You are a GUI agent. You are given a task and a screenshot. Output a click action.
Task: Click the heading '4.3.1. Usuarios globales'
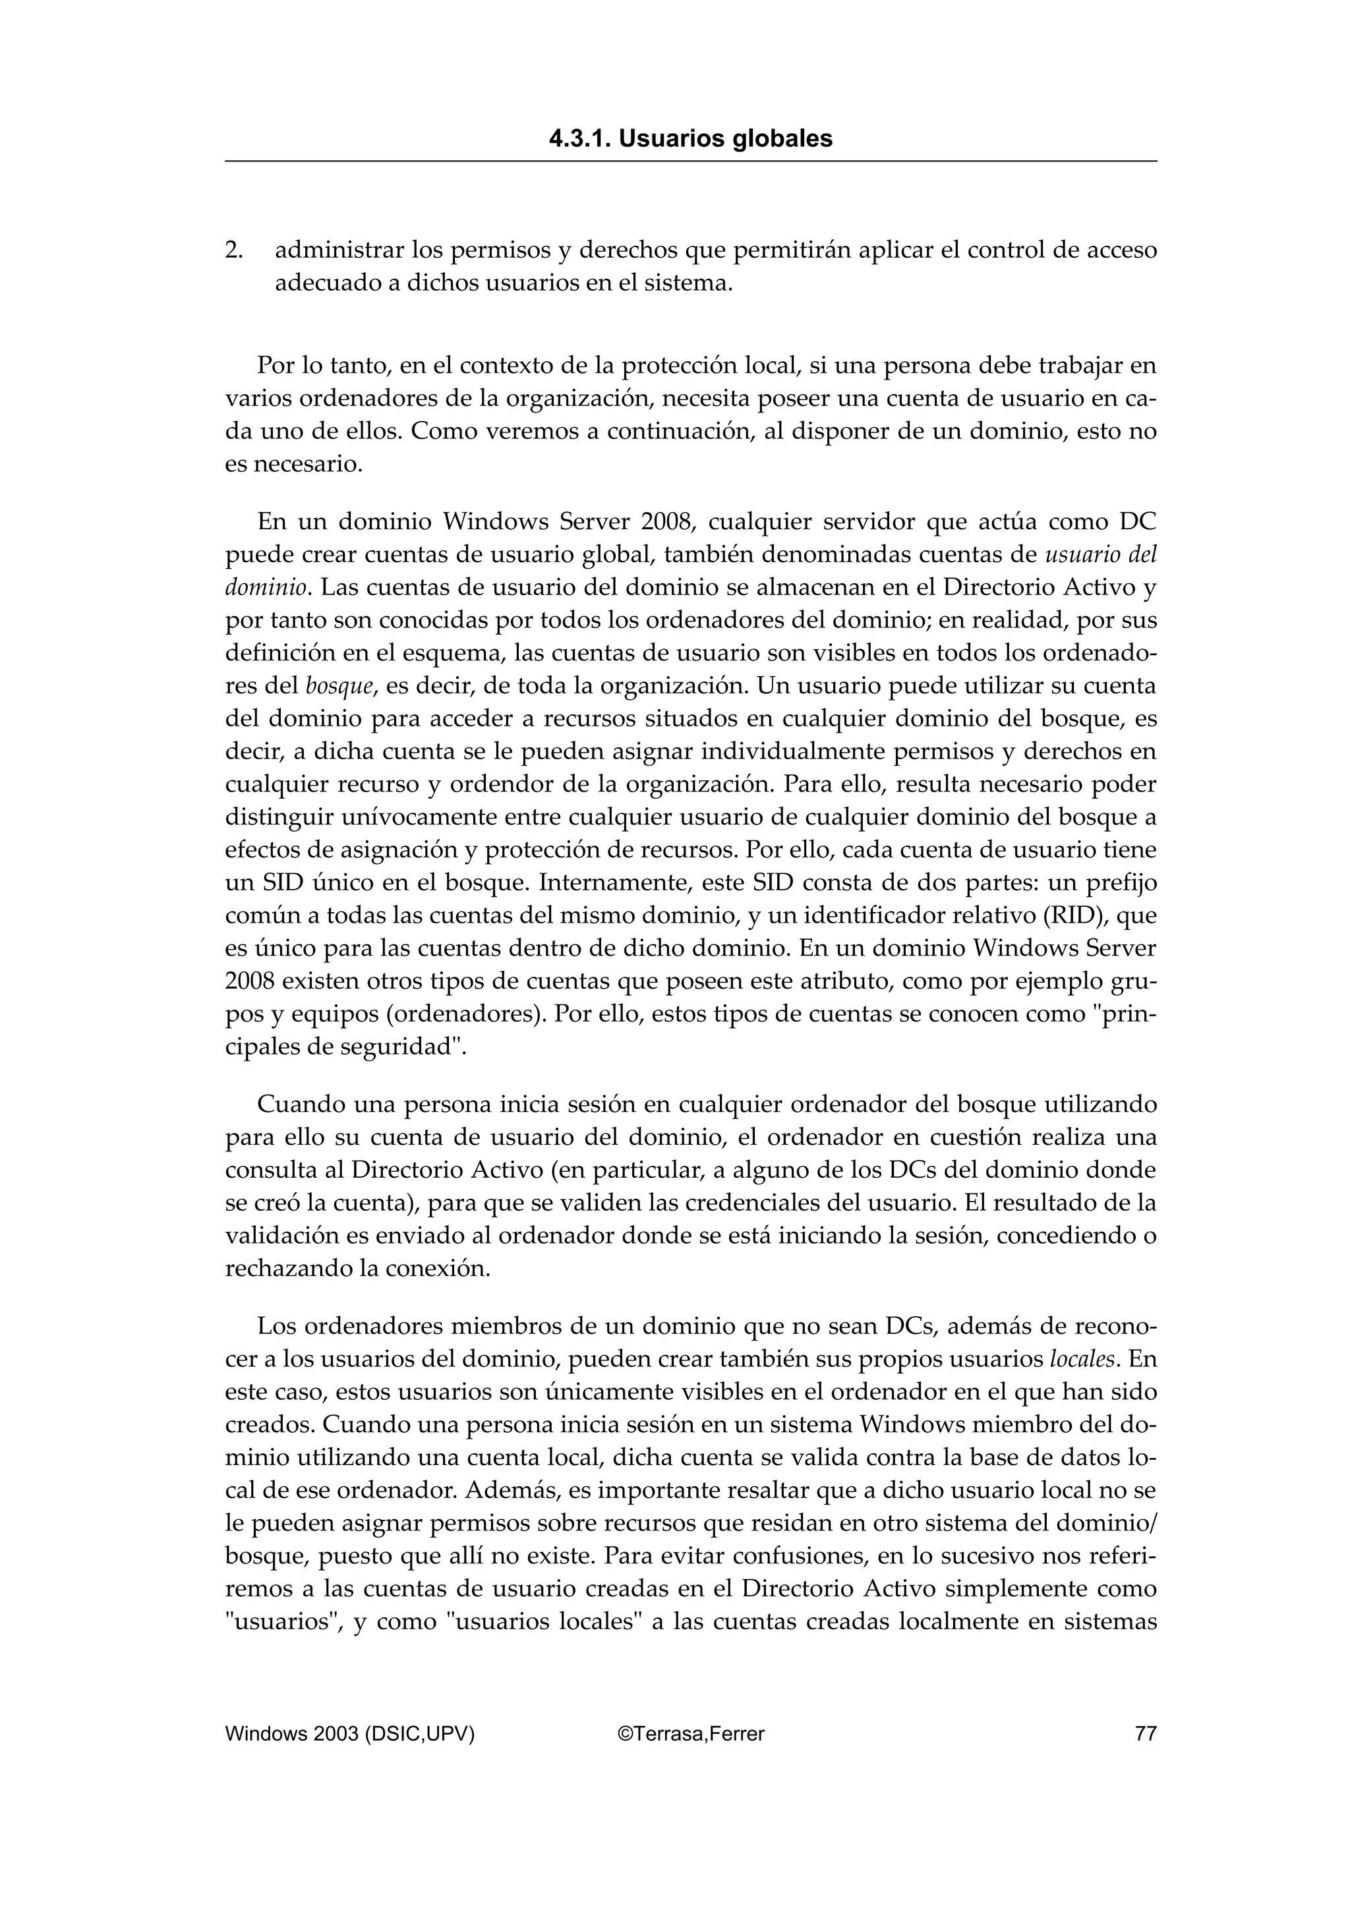pos(690,139)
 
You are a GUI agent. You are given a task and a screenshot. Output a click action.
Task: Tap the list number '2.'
pos(234,250)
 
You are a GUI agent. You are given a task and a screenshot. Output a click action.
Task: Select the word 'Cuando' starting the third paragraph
pos(301,1105)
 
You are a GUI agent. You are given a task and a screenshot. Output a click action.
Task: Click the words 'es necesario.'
pos(295,464)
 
